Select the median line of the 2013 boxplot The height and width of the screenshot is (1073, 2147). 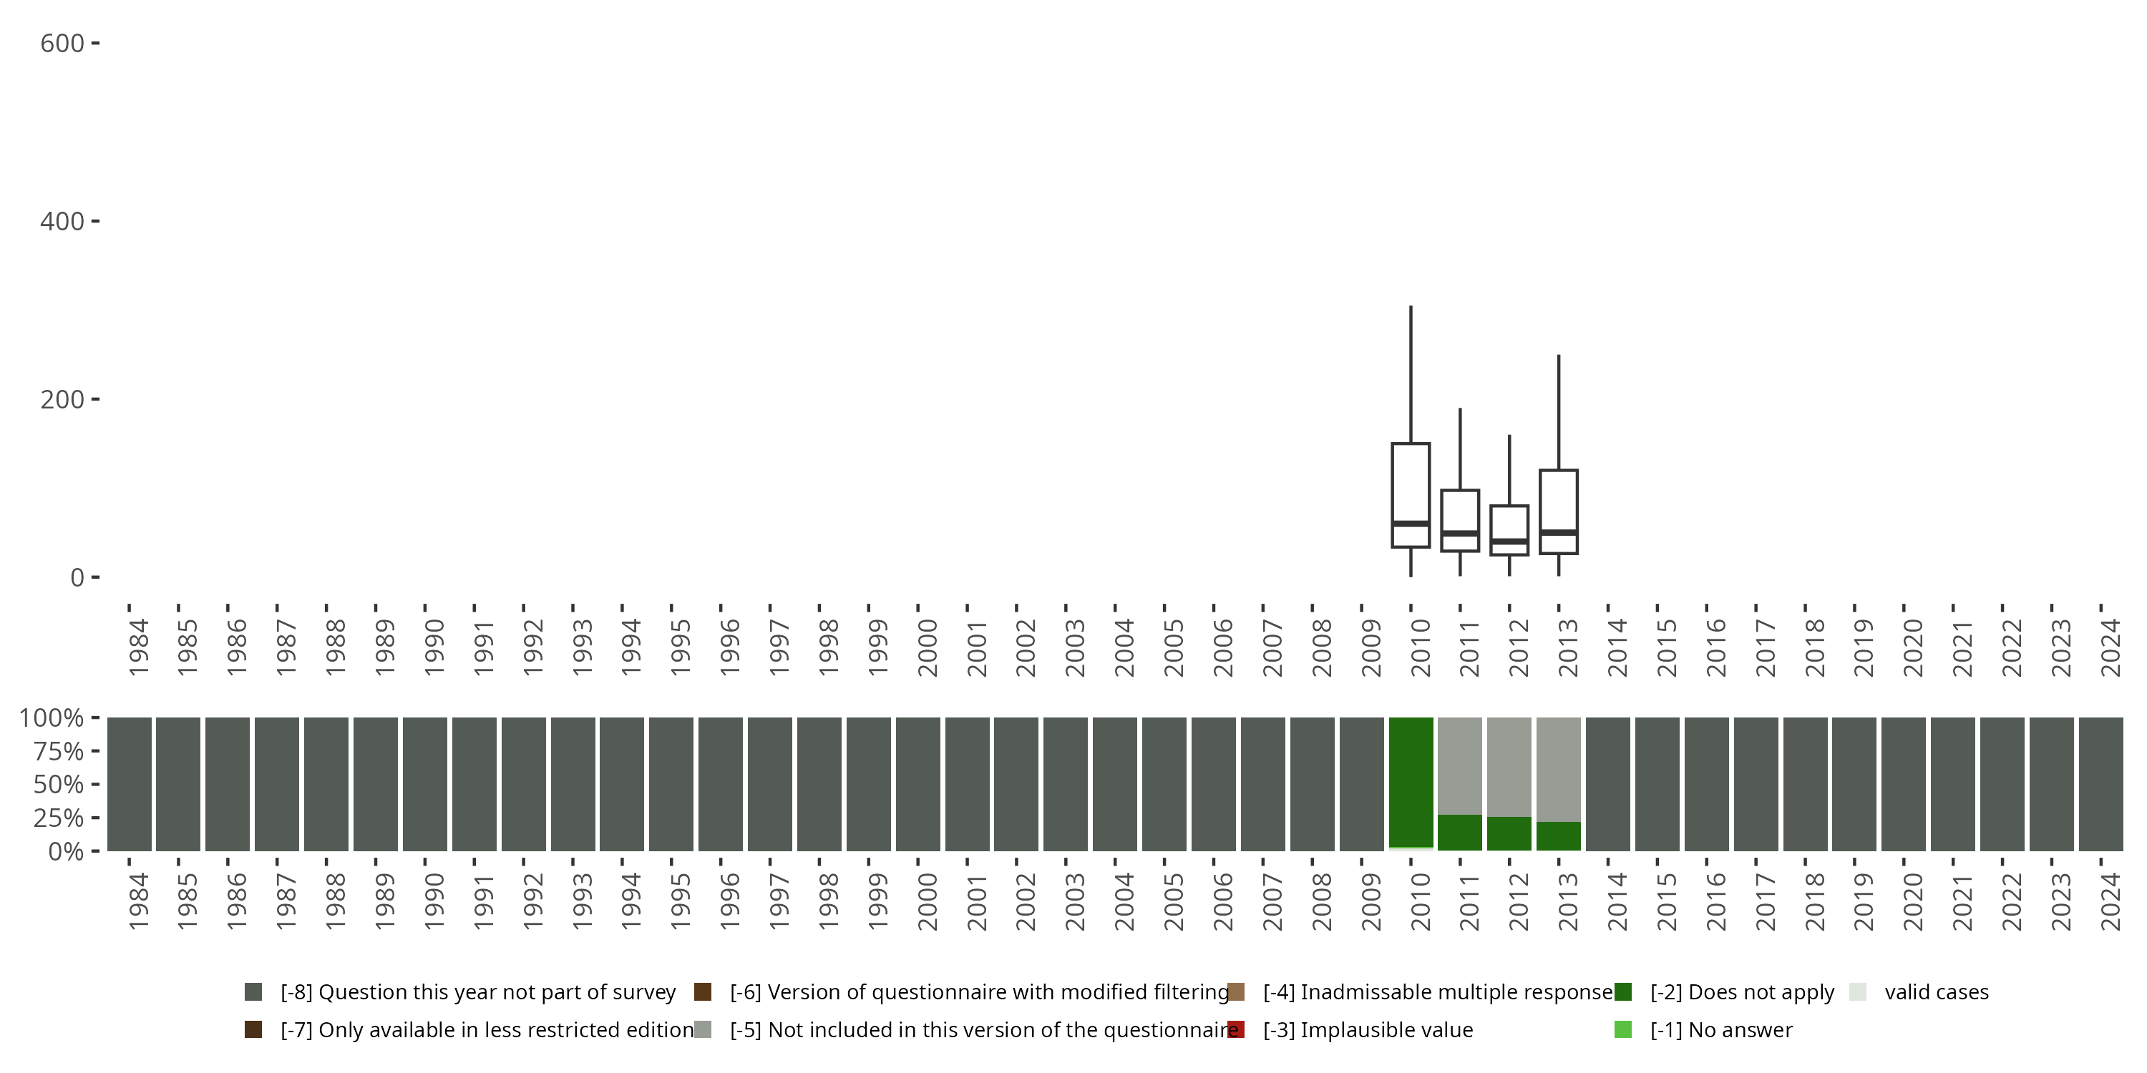coord(1559,531)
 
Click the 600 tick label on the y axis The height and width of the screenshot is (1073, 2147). coord(62,44)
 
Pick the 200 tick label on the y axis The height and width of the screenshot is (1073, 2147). coord(62,400)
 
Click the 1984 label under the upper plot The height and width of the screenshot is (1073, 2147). coord(138,647)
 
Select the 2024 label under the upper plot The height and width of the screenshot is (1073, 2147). coord(2111,647)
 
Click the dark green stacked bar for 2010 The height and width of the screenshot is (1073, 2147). coord(1410,781)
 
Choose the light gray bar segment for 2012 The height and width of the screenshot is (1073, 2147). coord(1509,766)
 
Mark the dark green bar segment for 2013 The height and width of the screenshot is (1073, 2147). coord(1559,836)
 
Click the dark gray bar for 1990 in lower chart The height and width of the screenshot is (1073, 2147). coord(425,784)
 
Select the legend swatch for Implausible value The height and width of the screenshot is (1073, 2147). coord(1236,1029)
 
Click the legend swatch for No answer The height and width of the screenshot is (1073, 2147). coord(1622,1029)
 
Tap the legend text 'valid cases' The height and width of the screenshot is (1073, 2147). coord(1936,992)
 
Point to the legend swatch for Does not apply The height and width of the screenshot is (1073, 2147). coord(1622,992)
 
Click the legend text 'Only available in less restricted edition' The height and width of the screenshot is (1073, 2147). coord(487,1029)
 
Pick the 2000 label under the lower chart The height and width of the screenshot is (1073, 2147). coord(928,901)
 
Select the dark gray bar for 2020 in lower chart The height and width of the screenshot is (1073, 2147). coord(1903,784)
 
